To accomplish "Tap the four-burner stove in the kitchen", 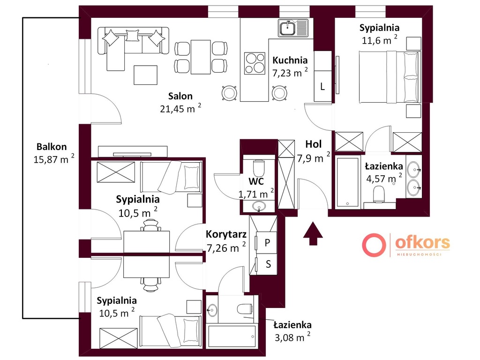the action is coord(255,63).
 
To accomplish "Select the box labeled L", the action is coord(322,86).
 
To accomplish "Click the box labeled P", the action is coord(267,243).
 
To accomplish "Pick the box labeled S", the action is coord(267,264).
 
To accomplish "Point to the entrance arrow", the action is coord(313,233).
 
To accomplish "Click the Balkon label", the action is coord(52,147).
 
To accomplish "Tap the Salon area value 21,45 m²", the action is coord(180,108).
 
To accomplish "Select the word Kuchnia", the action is coord(290,60).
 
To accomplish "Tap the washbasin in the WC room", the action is coord(259,206).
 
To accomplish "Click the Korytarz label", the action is coord(226,234).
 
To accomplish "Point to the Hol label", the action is coord(314,144).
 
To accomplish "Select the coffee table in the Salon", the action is coord(145,75).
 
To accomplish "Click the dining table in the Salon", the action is coord(201,57).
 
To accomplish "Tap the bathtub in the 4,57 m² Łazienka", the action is coord(348,182).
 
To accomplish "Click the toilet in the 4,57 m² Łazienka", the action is coord(379,195).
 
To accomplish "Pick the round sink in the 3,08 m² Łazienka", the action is coord(212,310).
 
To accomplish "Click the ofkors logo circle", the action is coord(374,245).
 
